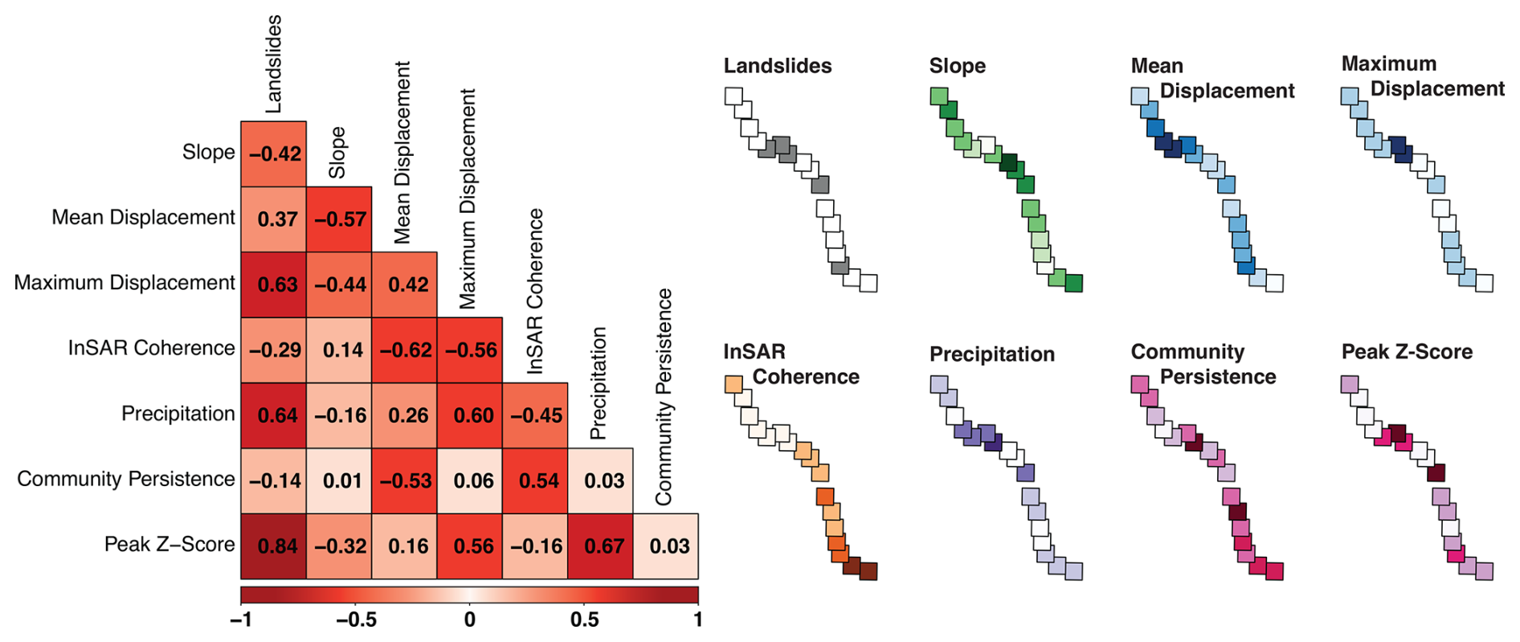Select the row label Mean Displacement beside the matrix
pos(143,218)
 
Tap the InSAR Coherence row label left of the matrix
pos(151,348)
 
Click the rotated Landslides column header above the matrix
pos(274,64)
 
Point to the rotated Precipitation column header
pos(599,383)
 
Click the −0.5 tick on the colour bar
pos(356,620)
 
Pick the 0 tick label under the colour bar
pos(470,620)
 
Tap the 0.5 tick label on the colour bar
pos(584,620)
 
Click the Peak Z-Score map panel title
pos(1407,352)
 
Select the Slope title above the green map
pos(957,66)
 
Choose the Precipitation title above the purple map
pos(991,354)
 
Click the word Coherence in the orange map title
pos(805,377)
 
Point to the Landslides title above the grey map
pos(777,66)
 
